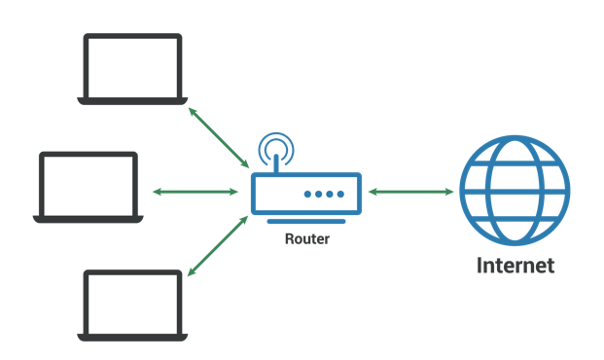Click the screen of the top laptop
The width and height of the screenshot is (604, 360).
pos(132,65)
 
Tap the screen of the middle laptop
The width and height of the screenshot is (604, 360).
pos(89,184)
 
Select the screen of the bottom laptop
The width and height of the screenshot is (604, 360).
pos(132,303)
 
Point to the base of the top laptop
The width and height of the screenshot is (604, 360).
pos(132,100)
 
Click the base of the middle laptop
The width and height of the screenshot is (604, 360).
pos(89,219)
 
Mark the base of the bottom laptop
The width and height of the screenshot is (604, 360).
pos(132,338)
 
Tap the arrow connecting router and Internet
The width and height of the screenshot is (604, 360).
pos(412,192)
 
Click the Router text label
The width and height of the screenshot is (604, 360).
pos(306,236)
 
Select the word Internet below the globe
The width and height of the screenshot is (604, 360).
pos(515,266)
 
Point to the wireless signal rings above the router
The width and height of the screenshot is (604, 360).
pos(276,149)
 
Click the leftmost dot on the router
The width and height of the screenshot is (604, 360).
pos(307,195)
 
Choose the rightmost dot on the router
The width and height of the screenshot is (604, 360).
pos(341,195)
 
